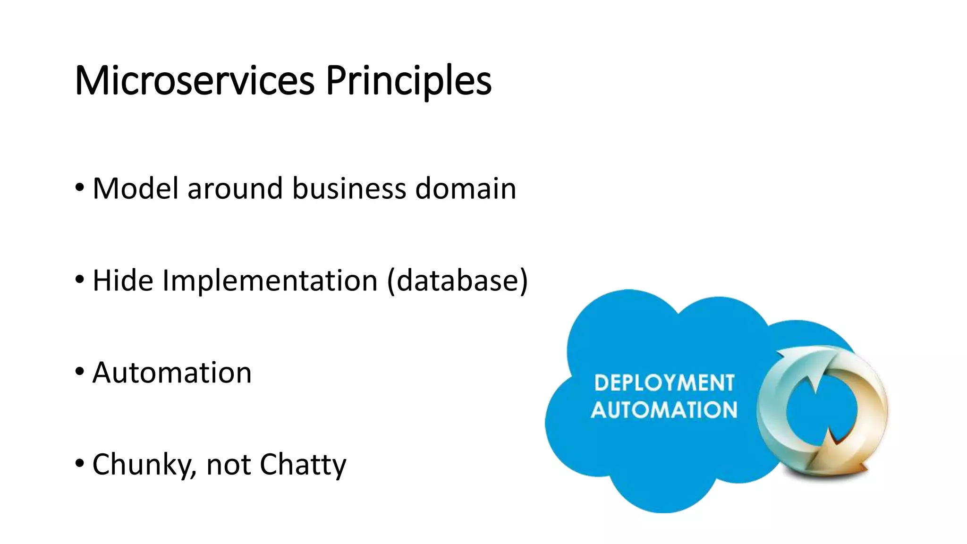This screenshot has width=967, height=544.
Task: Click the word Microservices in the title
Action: pyautogui.click(x=195, y=81)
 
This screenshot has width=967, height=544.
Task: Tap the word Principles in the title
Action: pyautogui.click(x=408, y=81)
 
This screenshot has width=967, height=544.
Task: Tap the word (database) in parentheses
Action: pyautogui.click(x=457, y=280)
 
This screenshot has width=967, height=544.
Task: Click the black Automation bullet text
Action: pyautogui.click(x=172, y=373)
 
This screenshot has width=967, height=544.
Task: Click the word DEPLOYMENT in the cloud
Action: pyautogui.click(x=664, y=383)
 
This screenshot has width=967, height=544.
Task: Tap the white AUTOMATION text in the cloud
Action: pyautogui.click(x=664, y=410)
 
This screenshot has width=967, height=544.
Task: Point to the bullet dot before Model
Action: pyautogui.click(x=80, y=187)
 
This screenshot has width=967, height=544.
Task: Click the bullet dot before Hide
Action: pyautogui.click(x=80, y=280)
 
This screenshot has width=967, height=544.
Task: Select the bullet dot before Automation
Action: pyautogui.click(x=80, y=372)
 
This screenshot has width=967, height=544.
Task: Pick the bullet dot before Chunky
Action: pyautogui.click(x=80, y=463)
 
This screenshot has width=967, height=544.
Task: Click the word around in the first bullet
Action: pyautogui.click(x=235, y=188)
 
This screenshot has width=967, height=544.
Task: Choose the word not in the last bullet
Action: pyautogui.click(x=229, y=465)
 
